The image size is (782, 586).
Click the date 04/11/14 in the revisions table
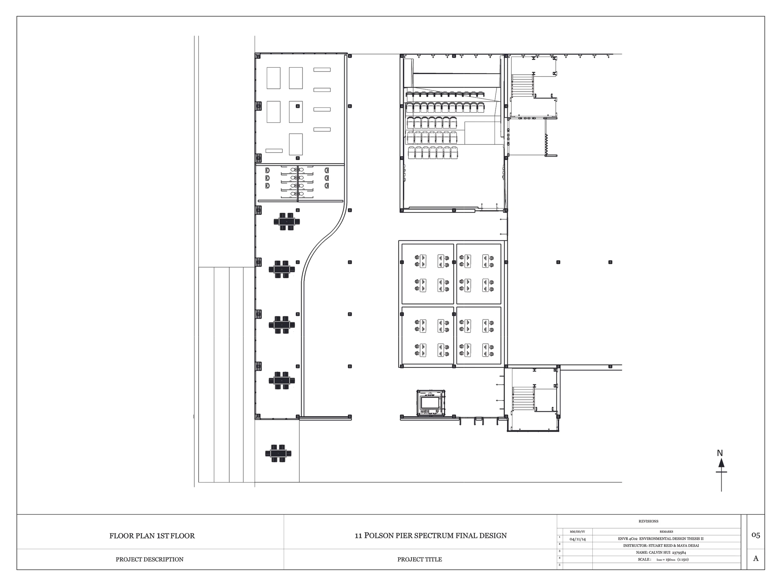click(577, 539)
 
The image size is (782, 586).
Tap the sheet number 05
click(755, 535)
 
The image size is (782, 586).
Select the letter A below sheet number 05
click(755, 558)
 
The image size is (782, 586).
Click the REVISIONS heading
click(648, 521)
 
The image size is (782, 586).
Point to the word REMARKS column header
click(666, 532)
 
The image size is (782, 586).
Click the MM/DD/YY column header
click(577, 532)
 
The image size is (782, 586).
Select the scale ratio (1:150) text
click(683, 559)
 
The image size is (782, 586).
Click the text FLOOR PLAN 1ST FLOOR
click(152, 536)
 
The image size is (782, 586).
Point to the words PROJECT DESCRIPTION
click(150, 559)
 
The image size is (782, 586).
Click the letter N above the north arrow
click(720, 453)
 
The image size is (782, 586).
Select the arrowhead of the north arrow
click(721, 463)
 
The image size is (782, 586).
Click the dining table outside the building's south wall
click(278, 453)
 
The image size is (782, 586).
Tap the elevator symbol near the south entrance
click(431, 403)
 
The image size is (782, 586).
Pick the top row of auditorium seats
click(445, 94)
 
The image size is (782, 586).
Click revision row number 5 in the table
click(559, 565)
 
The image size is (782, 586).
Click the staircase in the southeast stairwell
click(523, 398)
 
